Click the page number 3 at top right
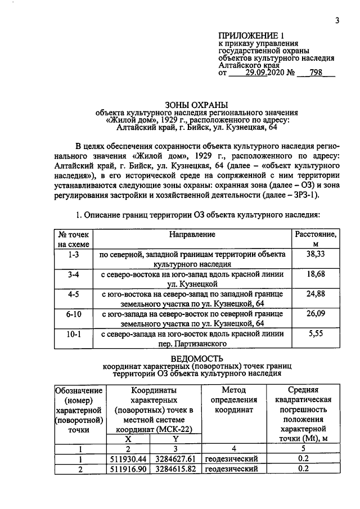pos(337,21)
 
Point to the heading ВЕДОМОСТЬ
pos(193,358)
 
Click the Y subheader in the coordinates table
pos(175,439)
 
